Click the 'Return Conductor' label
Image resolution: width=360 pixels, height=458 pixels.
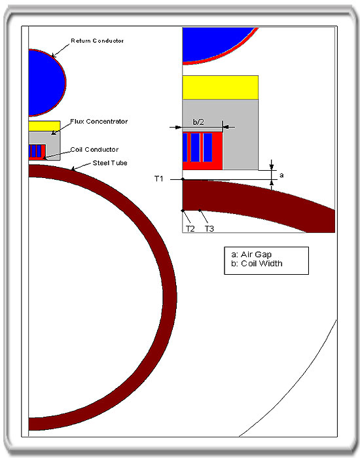(98, 41)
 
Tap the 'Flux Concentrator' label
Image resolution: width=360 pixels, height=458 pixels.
(99, 122)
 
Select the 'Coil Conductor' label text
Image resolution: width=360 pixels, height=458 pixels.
(94, 150)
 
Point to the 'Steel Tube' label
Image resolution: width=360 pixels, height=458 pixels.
(110, 163)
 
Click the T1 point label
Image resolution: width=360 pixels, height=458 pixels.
(159, 179)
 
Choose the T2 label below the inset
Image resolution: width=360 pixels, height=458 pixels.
(190, 229)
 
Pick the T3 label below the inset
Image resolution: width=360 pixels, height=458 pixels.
(209, 229)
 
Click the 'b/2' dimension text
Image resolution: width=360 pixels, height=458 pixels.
(198, 122)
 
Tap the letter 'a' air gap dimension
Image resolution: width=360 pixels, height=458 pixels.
(281, 175)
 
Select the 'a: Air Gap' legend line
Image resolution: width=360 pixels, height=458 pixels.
(251, 255)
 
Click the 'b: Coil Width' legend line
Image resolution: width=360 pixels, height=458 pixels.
(257, 264)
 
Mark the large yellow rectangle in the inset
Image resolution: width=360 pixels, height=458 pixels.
(221, 88)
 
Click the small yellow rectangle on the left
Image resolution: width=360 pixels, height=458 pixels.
(45, 126)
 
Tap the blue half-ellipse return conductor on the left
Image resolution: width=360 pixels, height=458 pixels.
(46, 82)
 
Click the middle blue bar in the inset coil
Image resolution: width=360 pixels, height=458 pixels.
(196, 147)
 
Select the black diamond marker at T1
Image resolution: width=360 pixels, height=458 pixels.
(183, 179)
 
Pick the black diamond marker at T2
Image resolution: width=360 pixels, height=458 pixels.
(183, 211)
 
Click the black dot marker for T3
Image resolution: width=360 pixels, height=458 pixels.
(200, 210)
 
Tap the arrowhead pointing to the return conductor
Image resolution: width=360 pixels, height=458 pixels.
(53, 55)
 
